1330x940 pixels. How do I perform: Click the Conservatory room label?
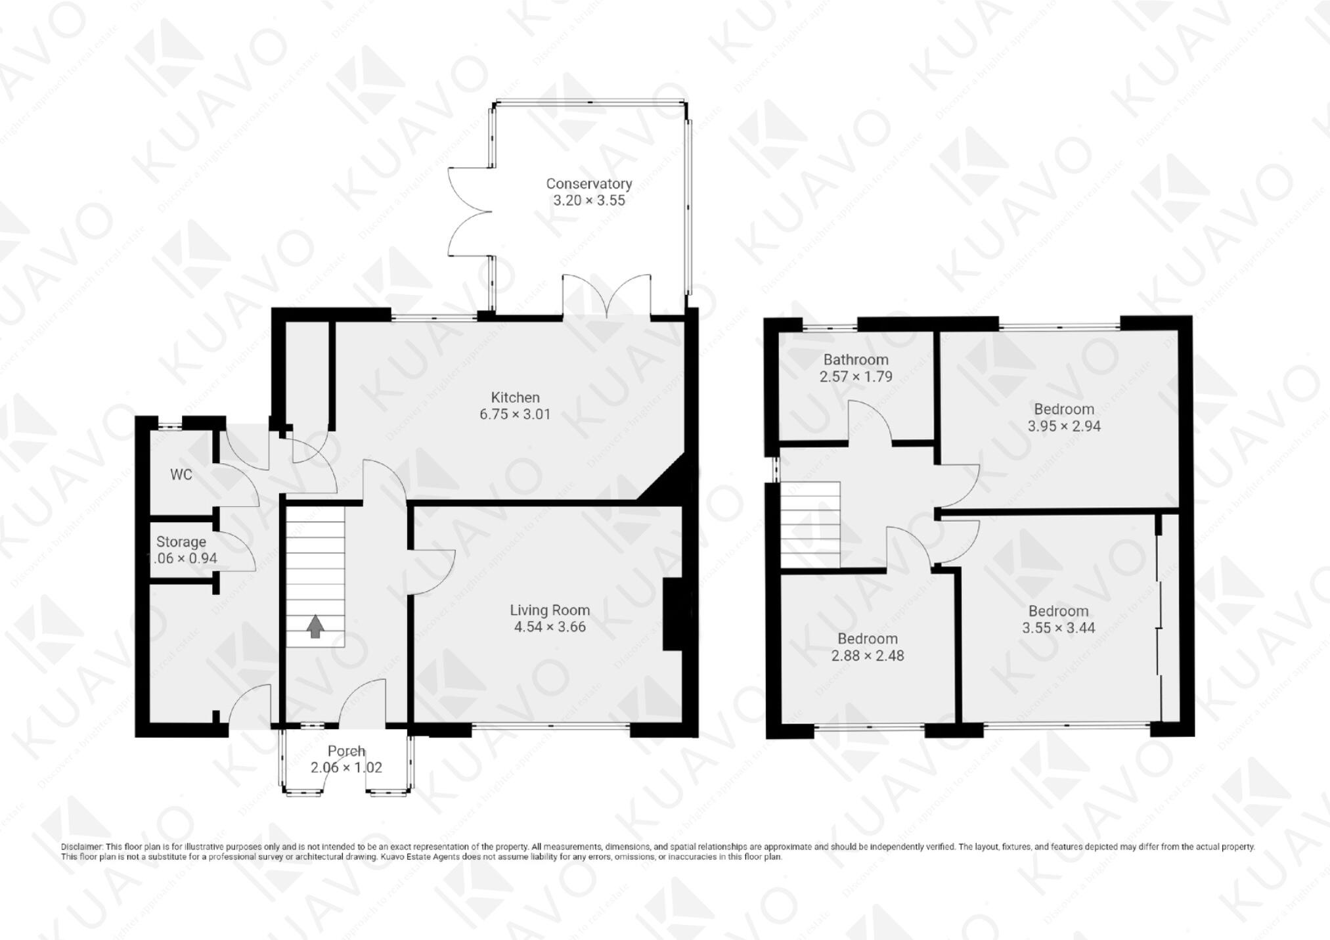click(x=588, y=184)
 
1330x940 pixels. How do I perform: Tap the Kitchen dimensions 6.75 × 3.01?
click(x=515, y=414)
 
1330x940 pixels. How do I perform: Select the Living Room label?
click(x=550, y=610)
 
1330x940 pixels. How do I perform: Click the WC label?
click(x=181, y=474)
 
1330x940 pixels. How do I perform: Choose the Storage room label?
click(x=181, y=542)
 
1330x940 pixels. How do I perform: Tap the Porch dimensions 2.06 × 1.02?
click(x=346, y=767)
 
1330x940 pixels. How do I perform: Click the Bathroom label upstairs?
click(x=856, y=359)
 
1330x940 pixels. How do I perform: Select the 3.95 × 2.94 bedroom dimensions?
click(x=1064, y=426)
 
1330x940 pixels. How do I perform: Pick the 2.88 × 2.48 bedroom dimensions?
click(x=868, y=656)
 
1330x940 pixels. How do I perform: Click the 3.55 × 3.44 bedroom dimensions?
click(x=1058, y=628)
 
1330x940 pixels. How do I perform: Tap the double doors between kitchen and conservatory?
click(x=607, y=298)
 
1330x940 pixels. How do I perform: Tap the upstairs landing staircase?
click(x=810, y=524)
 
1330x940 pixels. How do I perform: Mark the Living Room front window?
click(x=550, y=727)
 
